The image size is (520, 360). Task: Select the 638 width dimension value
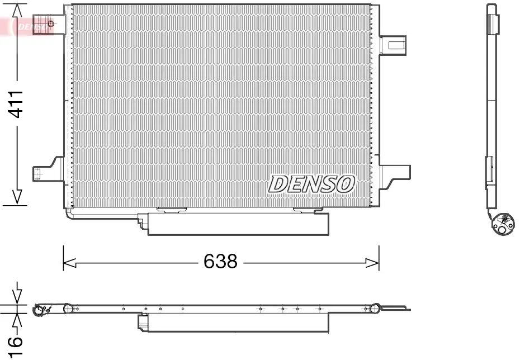point(220,262)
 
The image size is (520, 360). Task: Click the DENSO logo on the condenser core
point(311,184)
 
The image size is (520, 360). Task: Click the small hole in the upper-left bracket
point(51,23)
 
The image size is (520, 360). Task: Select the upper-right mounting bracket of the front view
point(393,44)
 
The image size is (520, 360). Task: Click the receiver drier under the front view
point(237,224)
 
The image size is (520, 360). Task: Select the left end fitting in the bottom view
point(40,310)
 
